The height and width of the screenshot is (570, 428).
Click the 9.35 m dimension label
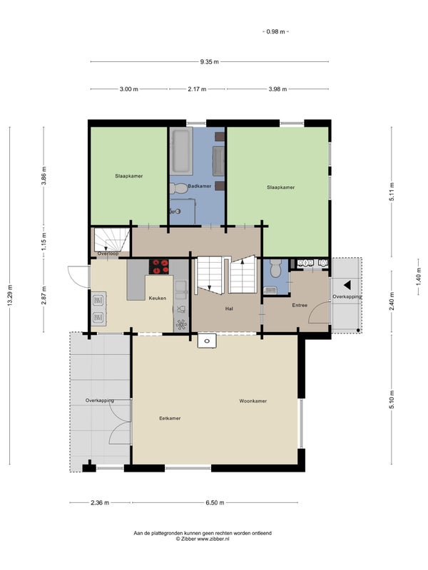[x=209, y=62]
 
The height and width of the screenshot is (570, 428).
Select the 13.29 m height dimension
[x=10, y=295]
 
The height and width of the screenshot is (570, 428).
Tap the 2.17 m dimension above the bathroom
[x=197, y=89]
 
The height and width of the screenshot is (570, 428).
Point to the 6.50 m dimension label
[x=215, y=503]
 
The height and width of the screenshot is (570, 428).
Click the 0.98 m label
[x=275, y=31]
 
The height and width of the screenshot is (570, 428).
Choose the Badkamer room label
[x=200, y=186]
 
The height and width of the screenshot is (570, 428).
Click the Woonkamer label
[x=253, y=401]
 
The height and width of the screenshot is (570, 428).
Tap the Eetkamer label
[x=170, y=418]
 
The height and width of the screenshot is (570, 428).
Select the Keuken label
[x=158, y=298]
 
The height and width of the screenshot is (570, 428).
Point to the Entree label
[x=300, y=306]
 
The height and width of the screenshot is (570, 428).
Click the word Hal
[x=229, y=309]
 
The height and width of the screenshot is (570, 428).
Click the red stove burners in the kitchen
[x=159, y=266]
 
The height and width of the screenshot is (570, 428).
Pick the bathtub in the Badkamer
[x=181, y=151]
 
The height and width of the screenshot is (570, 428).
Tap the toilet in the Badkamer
[x=178, y=188]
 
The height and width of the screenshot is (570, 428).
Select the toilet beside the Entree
[x=275, y=269]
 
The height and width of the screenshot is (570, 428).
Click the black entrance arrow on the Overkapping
[x=347, y=285]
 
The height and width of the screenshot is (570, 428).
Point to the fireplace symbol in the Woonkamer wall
[x=207, y=341]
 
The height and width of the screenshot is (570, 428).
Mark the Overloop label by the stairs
[x=108, y=254]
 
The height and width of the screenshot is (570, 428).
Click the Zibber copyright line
[x=203, y=539]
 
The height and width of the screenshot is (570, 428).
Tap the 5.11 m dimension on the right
[x=392, y=192]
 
